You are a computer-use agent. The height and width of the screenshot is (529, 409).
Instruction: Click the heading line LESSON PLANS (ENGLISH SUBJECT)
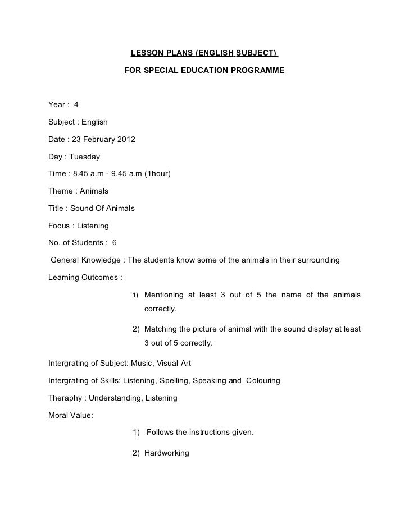(204, 54)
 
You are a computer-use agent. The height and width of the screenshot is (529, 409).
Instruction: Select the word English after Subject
(95, 122)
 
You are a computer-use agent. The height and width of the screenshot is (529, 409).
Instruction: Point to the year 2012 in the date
(125, 139)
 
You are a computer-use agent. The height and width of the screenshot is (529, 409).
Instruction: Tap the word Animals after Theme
(93, 191)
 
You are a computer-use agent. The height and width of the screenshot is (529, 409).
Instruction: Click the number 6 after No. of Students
(115, 243)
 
